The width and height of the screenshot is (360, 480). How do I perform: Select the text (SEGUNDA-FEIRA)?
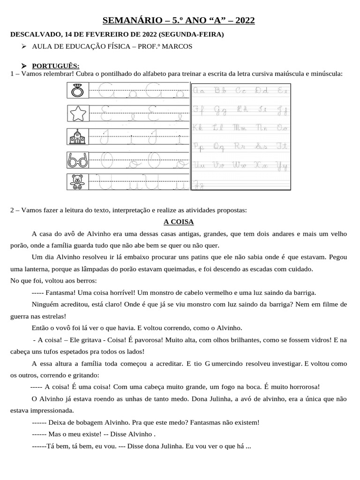191,35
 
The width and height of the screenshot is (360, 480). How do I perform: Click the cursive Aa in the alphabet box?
200,90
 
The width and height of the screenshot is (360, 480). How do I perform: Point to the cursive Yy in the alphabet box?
282,165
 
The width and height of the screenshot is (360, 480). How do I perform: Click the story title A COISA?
178,222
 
